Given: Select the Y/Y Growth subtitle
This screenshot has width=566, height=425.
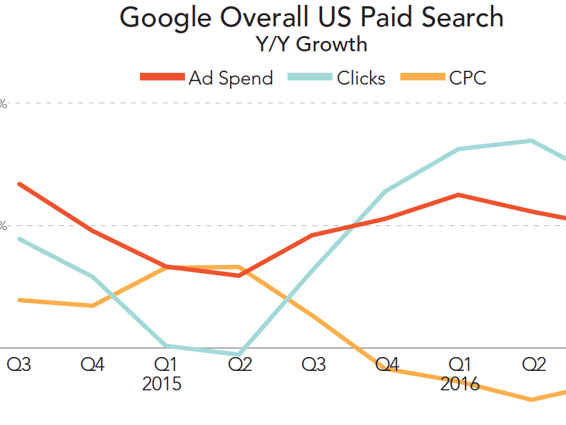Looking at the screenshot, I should [311, 45].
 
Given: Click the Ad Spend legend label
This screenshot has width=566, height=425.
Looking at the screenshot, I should [231, 78].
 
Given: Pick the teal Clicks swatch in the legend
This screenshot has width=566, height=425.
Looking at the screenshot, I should [310, 78].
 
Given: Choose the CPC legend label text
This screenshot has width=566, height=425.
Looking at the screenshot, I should [468, 78].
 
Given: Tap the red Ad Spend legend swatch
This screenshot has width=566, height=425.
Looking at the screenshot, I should [162, 78].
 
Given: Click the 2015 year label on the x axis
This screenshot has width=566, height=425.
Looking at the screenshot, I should [161, 383].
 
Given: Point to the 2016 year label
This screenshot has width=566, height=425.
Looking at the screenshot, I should [460, 383].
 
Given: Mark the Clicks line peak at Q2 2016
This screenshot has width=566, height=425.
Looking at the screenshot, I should [531, 141].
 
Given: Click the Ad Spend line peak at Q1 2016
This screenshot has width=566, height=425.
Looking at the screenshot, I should [458, 195].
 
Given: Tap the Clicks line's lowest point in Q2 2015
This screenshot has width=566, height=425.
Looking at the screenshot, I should [239, 354].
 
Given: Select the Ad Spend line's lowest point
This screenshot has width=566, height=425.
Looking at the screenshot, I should [239, 275].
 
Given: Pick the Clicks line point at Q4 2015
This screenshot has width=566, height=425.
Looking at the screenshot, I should [385, 191].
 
